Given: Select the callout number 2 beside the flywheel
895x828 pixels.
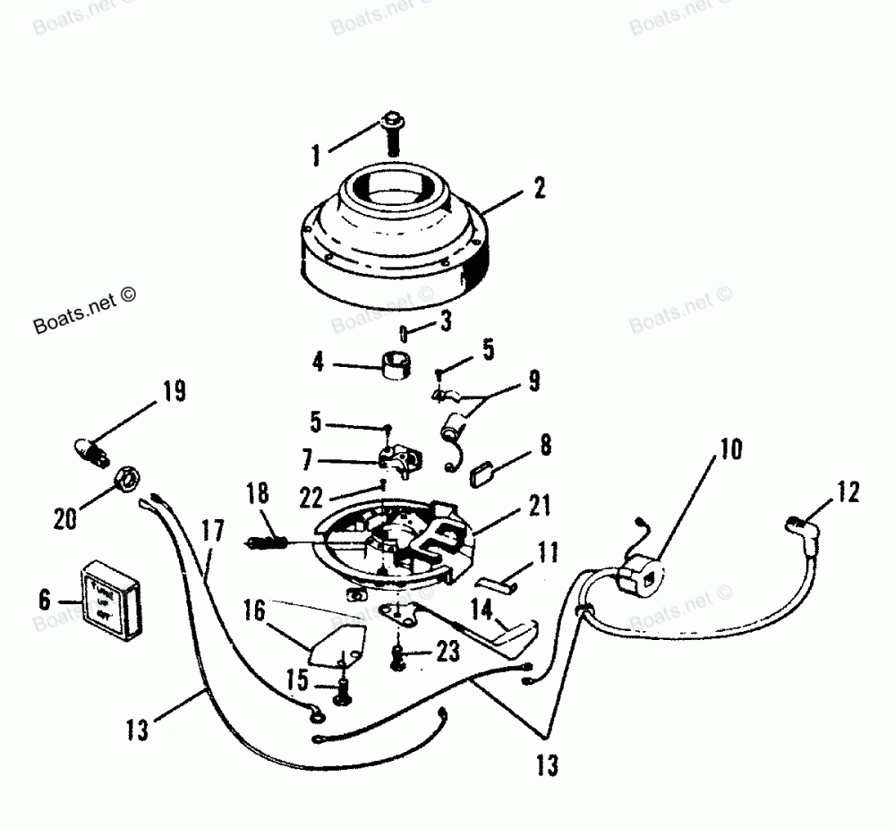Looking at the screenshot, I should pos(539,189).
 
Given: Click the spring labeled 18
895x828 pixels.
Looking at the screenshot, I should pos(264,542).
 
